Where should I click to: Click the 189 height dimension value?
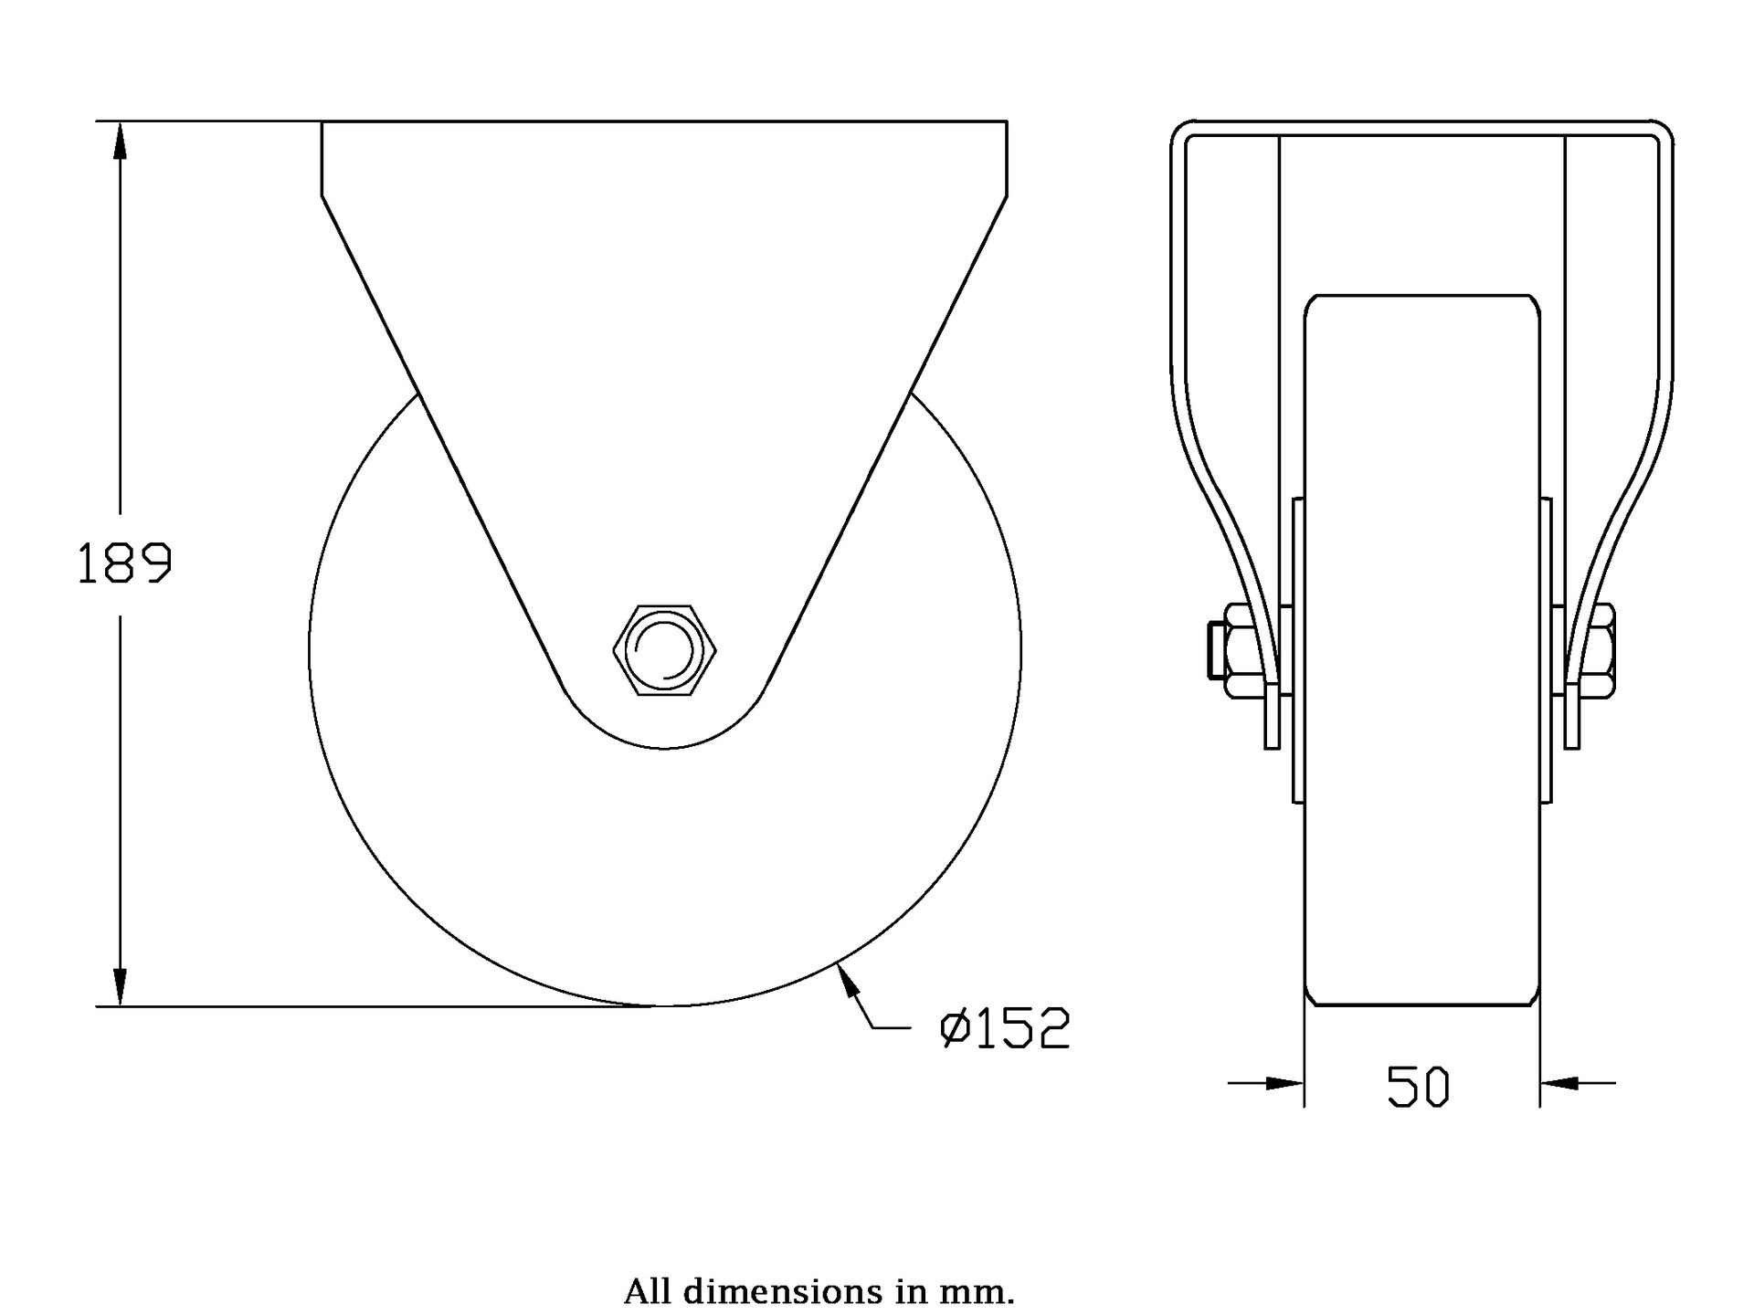pyautogui.click(x=124, y=563)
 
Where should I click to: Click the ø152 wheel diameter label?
pyautogui.click(x=1004, y=1028)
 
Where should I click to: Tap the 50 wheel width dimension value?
pyautogui.click(x=1418, y=1088)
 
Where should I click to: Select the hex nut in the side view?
pyautogui.click(x=664, y=649)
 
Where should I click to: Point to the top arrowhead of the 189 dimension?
pyautogui.click(x=119, y=141)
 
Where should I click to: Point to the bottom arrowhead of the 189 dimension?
pyautogui.click(x=119, y=986)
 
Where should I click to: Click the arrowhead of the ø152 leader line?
pyautogui.click(x=848, y=983)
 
